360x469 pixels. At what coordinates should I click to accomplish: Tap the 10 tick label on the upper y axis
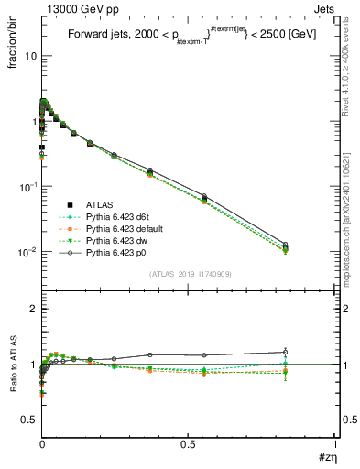pyautogui.click(x=29, y=56)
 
